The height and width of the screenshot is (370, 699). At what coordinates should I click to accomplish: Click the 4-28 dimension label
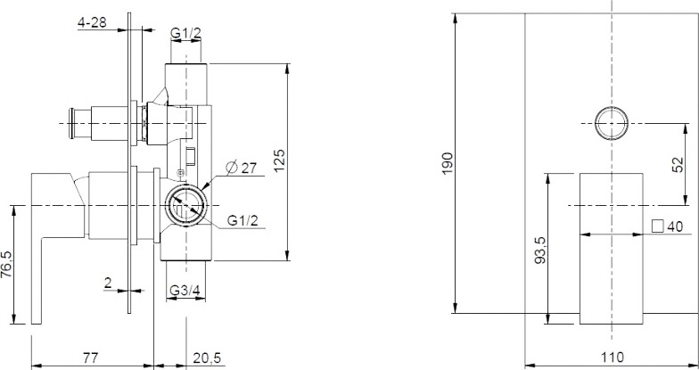click(93, 22)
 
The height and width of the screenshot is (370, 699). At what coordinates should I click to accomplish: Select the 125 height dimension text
click(278, 160)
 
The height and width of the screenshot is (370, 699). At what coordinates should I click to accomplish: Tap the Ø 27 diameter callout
click(242, 168)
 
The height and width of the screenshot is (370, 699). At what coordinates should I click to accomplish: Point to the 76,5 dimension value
click(7, 264)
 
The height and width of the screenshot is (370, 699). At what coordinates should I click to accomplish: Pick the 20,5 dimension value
click(207, 358)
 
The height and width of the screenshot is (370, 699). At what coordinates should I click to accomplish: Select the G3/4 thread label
click(185, 291)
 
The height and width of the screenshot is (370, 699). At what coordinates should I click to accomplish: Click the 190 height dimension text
click(448, 163)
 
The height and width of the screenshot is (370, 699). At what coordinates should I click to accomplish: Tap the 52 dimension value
click(678, 164)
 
